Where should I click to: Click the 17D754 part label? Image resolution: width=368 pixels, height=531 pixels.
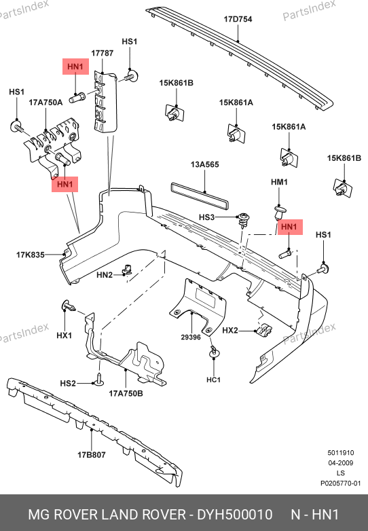click(238, 19)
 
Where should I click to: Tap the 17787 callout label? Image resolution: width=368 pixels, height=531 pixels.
click(103, 53)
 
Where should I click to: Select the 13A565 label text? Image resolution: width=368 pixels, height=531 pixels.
click(205, 164)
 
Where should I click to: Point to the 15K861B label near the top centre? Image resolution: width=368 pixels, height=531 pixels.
click(177, 83)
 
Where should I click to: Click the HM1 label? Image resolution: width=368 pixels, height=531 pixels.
click(279, 182)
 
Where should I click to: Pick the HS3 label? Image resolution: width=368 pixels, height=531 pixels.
click(206, 217)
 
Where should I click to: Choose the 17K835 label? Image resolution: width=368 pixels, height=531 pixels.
click(31, 255)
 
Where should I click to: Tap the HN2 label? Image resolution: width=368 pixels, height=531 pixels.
click(105, 274)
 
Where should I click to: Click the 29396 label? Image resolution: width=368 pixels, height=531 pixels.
click(191, 337)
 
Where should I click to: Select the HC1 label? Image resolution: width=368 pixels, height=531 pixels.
click(214, 380)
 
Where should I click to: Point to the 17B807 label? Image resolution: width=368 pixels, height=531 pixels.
click(92, 455)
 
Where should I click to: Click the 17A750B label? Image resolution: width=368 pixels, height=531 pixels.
click(126, 394)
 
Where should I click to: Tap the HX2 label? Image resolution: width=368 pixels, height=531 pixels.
click(230, 330)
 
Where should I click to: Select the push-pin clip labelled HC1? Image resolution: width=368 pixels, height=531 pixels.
click(213, 352)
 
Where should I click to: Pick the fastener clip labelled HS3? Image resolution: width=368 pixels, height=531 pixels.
click(244, 219)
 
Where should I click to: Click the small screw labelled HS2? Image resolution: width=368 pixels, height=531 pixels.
click(98, 380)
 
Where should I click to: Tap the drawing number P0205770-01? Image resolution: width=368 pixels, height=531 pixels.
click(341, 483)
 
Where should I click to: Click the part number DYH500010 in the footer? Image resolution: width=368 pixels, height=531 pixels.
click(235, 515)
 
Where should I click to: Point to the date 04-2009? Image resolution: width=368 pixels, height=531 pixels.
click(341, 463)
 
